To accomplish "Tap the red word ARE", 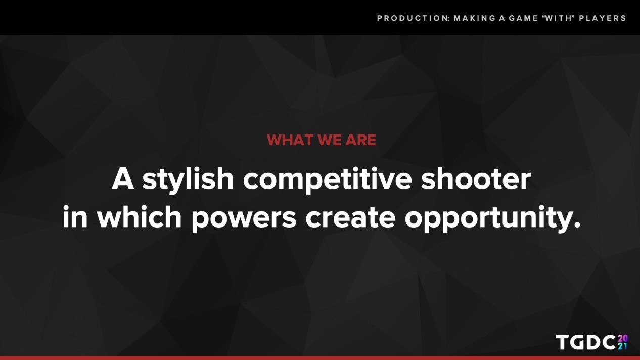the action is click(360, 140).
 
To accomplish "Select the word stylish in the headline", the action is click(188, 179).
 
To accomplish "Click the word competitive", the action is click(328, 179).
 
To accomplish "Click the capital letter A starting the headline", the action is click(123, 179).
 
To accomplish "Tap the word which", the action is click(140, 217).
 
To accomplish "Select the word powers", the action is click(244, 219).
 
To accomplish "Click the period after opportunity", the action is click(576, 224).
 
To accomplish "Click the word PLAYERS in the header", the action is click(603, 18).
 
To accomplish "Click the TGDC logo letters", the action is click(585, 342).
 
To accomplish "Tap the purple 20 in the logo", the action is click(623, 338).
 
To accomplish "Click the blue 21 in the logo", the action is click(623, 346).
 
